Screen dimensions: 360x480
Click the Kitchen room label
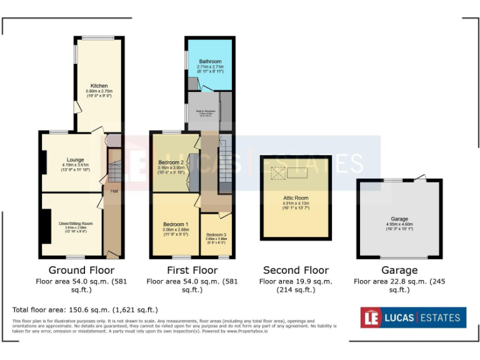click(x=99, y=86)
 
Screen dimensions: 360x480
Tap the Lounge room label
click(x=76, y=160)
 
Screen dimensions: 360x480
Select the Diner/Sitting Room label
click(x=76, y=223)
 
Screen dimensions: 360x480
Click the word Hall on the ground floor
click(x=114, y=191)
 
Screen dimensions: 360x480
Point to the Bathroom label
click(x=210, y=61)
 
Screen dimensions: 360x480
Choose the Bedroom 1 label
click(x=175, y=224)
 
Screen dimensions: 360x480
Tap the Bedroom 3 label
click(x=216, y=234)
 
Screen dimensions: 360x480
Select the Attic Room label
click(x=296, y=197)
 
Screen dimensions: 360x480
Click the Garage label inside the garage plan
click(x=399, y=219)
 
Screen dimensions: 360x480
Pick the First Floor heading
click(x=192, y=271)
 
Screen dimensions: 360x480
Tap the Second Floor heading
click(x=296, y=271)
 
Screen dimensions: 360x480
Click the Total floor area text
click(x=85, y=310)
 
